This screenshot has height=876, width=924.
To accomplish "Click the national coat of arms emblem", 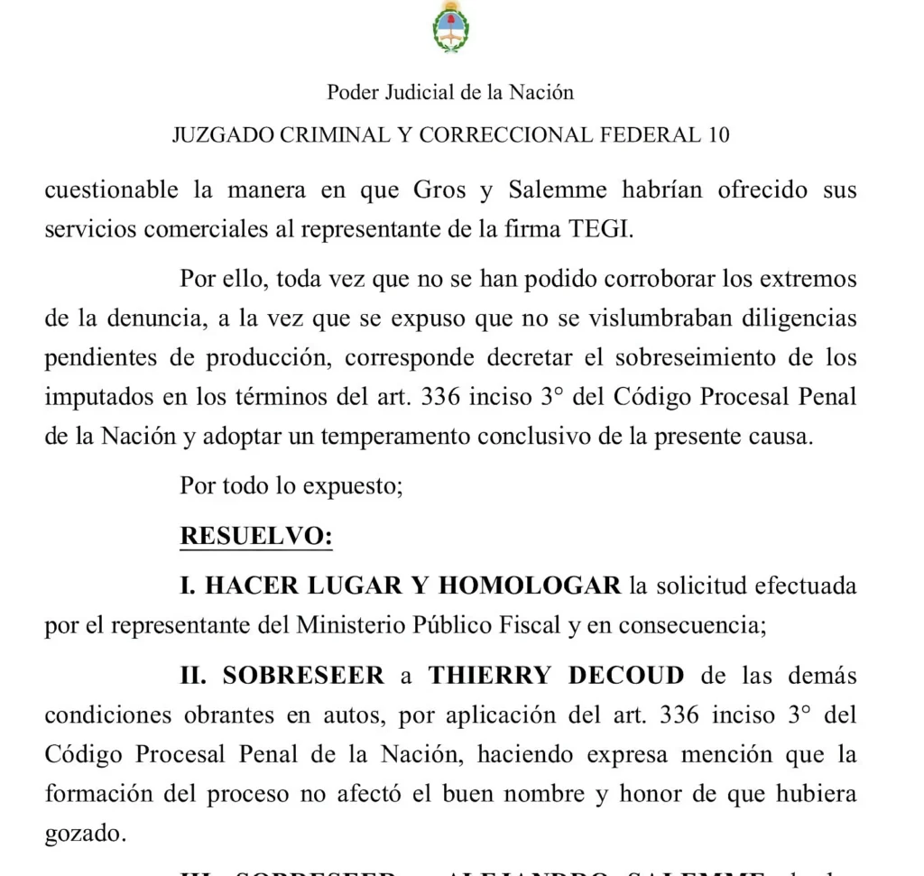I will click(450, 28).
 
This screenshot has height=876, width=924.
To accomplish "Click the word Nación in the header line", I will click(541, 92).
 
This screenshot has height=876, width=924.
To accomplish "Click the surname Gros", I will click(439, 191).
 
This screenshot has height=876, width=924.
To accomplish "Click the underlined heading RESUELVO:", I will click(256, 536).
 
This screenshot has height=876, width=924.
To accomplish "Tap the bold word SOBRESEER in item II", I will click(303, 676).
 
